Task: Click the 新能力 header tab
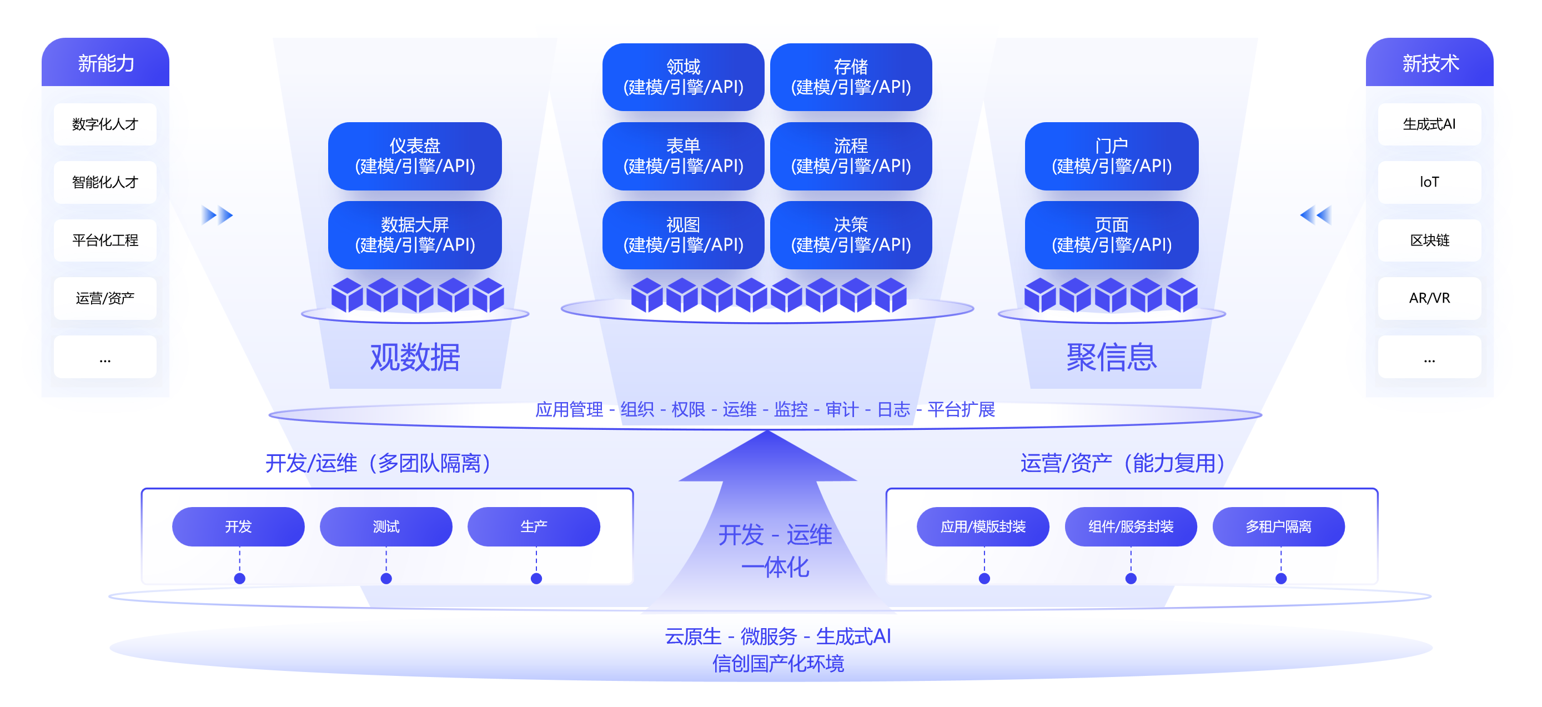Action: pyautogui.click(x=106, y=63)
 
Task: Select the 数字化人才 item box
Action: pyautogui.click(x=106, y=124)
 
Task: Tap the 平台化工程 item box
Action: pyautogui.click(x=106, y=240)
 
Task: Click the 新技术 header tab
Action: pyautogui.click(x=1429, y=63)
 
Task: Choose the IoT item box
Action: pyautogui.click(x=1429, y=182)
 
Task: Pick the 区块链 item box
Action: pyautogui.click(x=1429, y=240)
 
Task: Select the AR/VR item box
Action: pyautogui.click(x=1429, y=298)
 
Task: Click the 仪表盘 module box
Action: pyautogui.click(x=415, y=156)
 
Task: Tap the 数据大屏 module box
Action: pyautogui.click(x=415, y=235)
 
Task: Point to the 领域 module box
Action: pyautogui.click(x=683, y=77)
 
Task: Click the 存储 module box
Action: pyautogui.click(x=851, y=77)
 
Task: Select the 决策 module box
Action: pyautogui.click(x=851, y=235)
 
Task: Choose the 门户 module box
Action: pyautogui.click(x=1112, y=156)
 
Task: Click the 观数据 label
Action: pyautogui.click(x=415, y=358)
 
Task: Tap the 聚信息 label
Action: pyautogui.click(x=1112, y=358)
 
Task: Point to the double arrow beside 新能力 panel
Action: pyautogui.click(x=217, y=215)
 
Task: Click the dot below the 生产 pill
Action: pyautogui.click(x=536, y=578)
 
